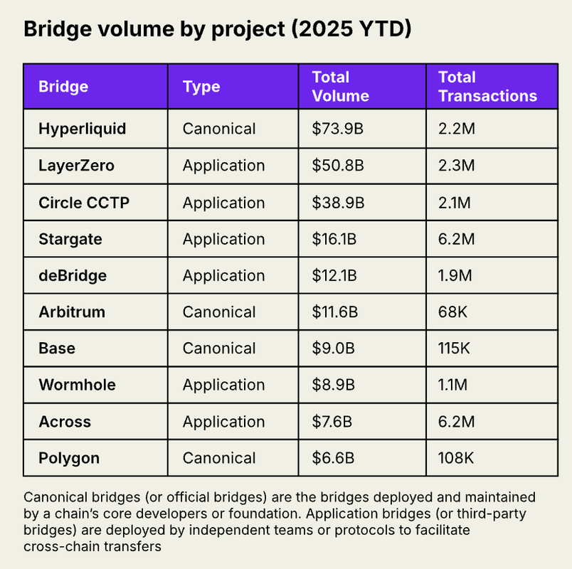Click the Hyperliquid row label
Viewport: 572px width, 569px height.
82,129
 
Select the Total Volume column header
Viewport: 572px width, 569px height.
340,87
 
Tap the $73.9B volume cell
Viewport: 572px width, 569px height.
338,129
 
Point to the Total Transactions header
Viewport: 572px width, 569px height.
487,87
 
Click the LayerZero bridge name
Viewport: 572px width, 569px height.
76,166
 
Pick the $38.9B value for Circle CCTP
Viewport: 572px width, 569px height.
338,203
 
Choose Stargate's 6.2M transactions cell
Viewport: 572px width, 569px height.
456,239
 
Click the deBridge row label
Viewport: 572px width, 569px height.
73,276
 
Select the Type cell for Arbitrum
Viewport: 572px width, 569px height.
219,312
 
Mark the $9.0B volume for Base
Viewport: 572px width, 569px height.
332,349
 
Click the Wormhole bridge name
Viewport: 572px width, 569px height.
77,385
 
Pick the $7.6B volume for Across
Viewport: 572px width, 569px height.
332,422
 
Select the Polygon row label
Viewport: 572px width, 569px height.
69,458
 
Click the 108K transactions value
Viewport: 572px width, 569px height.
456,458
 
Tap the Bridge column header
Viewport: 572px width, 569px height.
63,87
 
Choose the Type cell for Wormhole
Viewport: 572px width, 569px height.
223,385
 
